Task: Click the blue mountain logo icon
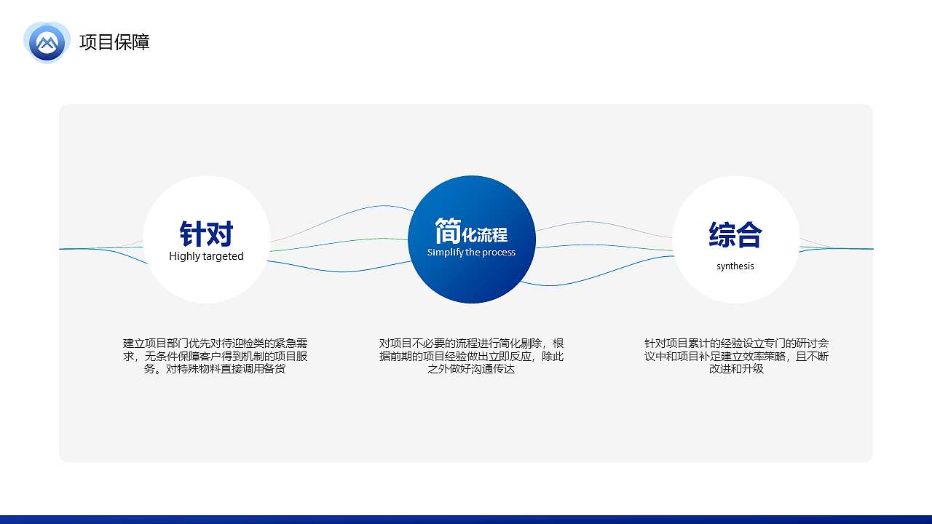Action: [x=47, y=42]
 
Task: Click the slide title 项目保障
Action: [x=114, y=42]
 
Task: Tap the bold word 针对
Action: [x=206, y=234]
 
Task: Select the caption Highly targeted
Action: [x=206, y=256]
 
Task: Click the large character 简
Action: [x=447, y=231]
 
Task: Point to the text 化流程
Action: [x=484, y=235]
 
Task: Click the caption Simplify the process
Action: [x=471, y=253]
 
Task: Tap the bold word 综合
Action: [x=735, y=234]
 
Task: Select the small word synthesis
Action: [x=735, y=266]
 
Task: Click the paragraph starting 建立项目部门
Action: [x=215, y=356]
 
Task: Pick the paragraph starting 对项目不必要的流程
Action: [x=471, y=356]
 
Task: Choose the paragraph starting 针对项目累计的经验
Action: [x=736, y=356]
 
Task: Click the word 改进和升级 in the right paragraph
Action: [x=736, y=369]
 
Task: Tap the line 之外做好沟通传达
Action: [x=471, y=369]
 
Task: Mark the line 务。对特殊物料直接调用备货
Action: [x=215, y=369]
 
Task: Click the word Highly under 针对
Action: [x=185, y=256]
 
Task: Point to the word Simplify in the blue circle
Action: [x=443, y=253]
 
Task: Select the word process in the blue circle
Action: [x=499, y=253]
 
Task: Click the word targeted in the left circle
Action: [x=224, y=256]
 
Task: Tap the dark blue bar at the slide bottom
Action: [x=466, y=519]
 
